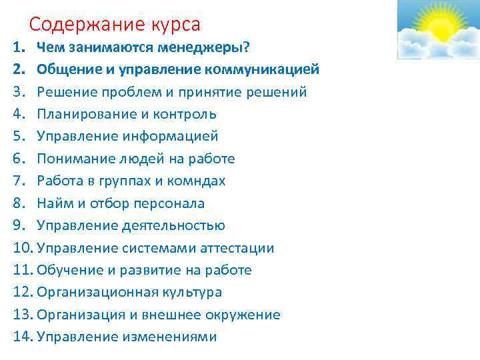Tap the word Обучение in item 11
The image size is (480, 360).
[65, 270]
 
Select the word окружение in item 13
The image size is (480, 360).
[244, 315]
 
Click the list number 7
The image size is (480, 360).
[17, 181]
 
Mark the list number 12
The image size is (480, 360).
[22, 292]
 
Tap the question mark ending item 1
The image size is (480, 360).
[247, 47]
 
